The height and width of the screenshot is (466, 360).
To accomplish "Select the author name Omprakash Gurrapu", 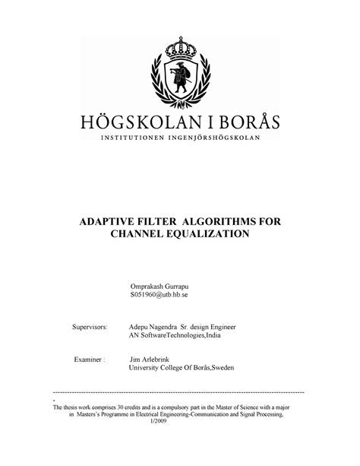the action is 163,282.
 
